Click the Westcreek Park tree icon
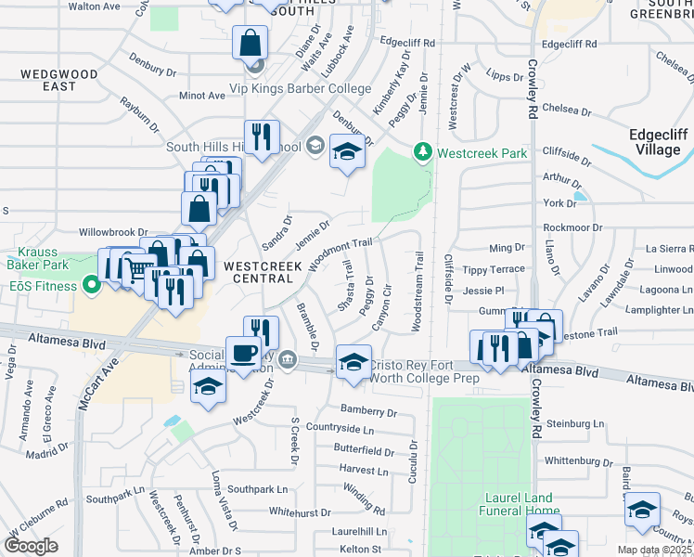coord(423,151)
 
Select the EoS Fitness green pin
coord(92,285)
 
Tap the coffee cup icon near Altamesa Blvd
coord(245,354)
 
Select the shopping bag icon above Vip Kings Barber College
coord(251,42)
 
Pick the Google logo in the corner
coord(32,546)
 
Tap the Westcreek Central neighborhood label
coord(263,272)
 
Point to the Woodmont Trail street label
coord(341,253)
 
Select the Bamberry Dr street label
coord(368,410)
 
